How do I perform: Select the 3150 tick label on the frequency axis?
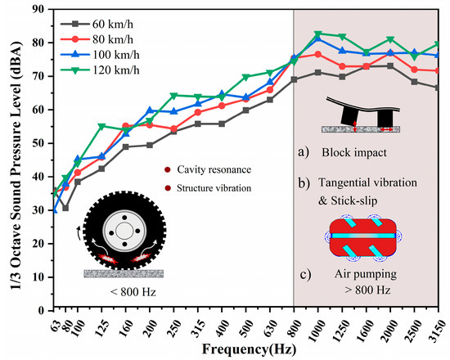coord(439,324)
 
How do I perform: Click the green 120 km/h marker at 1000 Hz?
coord(318,34)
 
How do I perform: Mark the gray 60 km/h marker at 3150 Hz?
coord(440,88)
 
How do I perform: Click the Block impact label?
coord(354,152)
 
